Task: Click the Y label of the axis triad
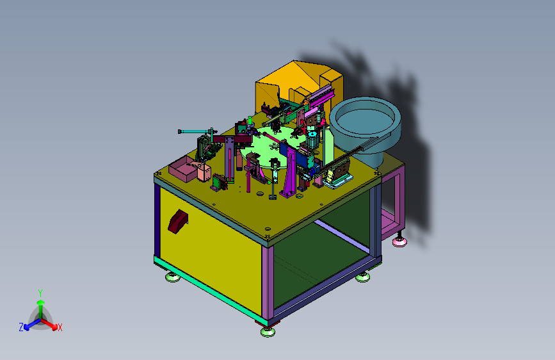pos(40,293)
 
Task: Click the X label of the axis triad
pos(60,328)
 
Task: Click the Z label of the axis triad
pos(21,327)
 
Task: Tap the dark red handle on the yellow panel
pos(178,222)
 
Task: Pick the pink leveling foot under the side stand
pos(399,241)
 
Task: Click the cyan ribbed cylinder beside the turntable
pos(312,140)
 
